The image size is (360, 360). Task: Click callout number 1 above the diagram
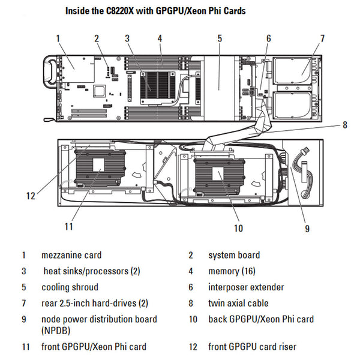[x=58, y=38]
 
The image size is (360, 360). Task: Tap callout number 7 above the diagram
[x=322, y=38]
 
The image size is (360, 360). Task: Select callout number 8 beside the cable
[x=344, y=125]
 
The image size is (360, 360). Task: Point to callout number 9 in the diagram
[x=307, y=228]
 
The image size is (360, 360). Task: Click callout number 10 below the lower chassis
[x=238, y=228]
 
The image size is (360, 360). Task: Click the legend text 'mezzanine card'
[x=71, y=255]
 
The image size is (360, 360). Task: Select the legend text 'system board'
[x=234, y=255]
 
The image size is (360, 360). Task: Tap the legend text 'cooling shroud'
[x=70, y=287]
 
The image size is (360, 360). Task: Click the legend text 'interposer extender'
[x=246, y=287]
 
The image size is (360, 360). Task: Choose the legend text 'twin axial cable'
[x=238, y=304]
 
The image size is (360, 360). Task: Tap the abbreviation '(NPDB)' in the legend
[x=56, y=330]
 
